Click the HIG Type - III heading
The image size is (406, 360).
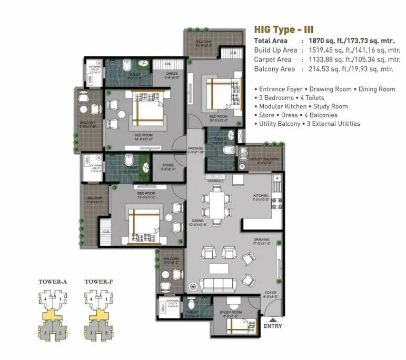[284, 29]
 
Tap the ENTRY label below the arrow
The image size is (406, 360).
[272, 326]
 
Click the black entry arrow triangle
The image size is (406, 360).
[272, 318]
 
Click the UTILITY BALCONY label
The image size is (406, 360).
[264, 159]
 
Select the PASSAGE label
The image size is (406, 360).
[195, 148]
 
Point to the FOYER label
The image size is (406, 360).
[270, 293]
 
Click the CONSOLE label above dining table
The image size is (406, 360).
[215, 181]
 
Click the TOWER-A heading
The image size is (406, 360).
[53, 282]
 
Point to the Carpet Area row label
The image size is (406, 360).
[273, 59]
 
